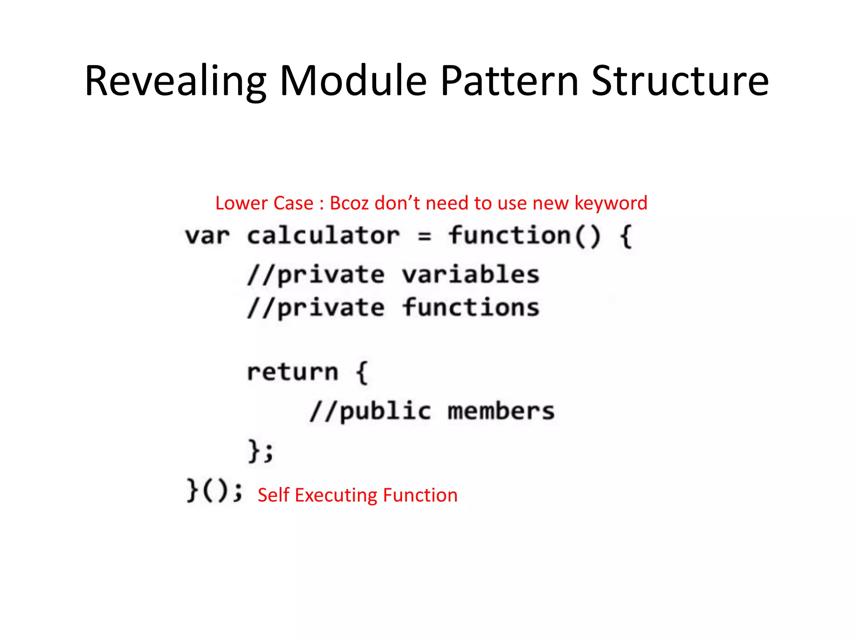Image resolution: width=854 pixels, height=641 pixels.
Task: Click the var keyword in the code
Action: [x=207, y=236]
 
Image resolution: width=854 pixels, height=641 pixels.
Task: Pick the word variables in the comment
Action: [x=470, y=275]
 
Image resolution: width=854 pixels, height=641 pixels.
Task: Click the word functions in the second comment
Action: [x=470, y=308]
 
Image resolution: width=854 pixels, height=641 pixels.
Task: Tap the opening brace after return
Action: [x=362, y=372]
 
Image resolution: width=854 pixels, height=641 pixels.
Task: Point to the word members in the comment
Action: [x=501, y=411]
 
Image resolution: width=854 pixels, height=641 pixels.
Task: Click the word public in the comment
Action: [x=385, y=411]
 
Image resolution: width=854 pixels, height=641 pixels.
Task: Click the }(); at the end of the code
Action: [x=214, y=490]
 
